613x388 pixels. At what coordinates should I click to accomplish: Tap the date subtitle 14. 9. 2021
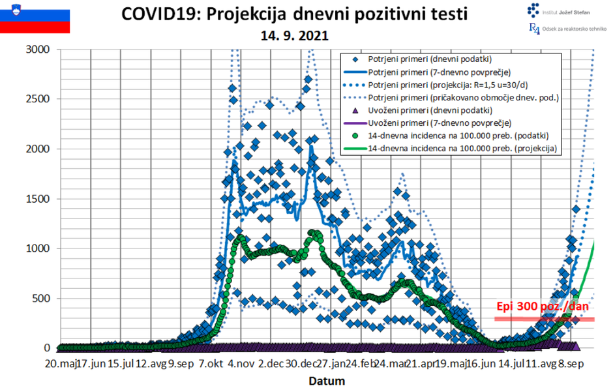pos(295,36)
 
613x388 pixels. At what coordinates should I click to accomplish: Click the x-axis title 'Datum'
pos(327,380)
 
